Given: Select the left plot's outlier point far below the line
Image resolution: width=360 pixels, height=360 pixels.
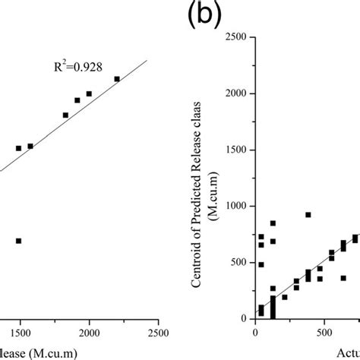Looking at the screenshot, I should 18,241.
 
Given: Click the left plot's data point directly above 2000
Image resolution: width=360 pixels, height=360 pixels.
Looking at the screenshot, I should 89,93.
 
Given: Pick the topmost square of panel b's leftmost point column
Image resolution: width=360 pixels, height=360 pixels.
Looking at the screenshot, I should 261,237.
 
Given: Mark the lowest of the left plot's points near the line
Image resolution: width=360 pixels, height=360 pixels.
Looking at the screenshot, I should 18,148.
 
